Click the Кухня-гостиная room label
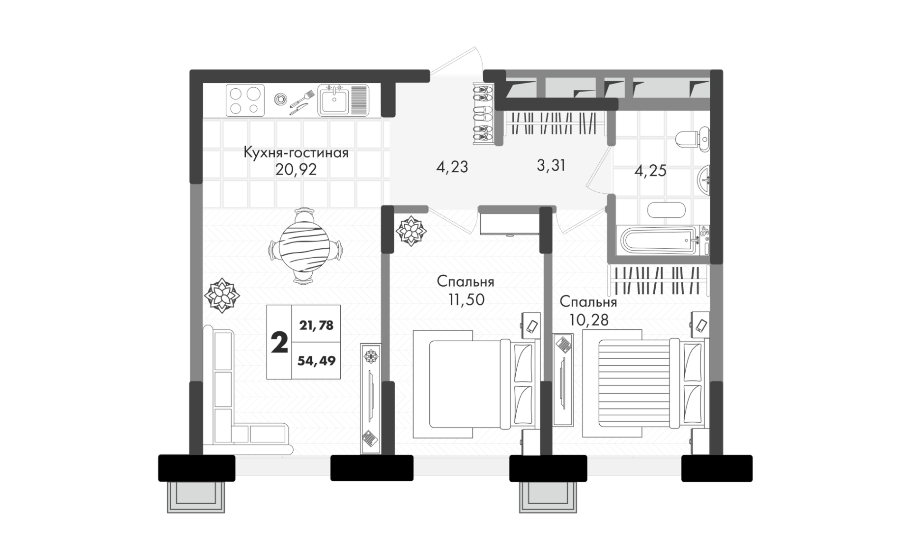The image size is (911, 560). coord(296,153)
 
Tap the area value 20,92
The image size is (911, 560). coord(296,169)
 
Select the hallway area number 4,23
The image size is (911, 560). coord(452,167)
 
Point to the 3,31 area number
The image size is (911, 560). coord(551,165)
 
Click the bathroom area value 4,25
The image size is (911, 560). coord(651,170)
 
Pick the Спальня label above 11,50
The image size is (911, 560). coord(465,282)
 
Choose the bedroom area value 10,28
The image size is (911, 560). coord(589,319)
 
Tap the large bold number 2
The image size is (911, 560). coord(279,343)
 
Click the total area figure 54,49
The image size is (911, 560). coord(316,361)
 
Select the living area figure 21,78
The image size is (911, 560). coord(316,326)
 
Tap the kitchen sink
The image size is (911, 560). coord(343,100)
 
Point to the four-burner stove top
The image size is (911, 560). coord(245,100)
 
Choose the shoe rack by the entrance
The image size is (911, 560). coord(483,114)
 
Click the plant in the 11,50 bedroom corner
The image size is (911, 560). coord(411,231)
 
